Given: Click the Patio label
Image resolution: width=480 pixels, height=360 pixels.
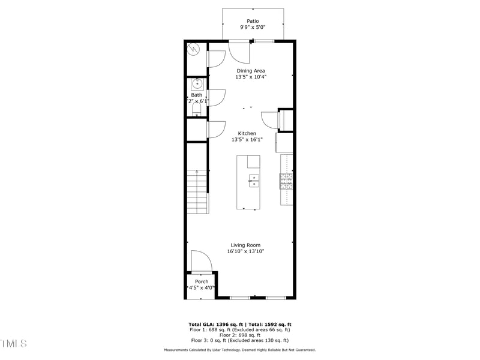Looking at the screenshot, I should pyautogui.click(x=253, y=21).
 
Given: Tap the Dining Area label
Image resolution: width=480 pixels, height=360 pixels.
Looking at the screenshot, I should pyautogui.click(x=250, y=71).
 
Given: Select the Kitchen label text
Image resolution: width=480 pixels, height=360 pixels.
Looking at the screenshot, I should pyautogui.click(x=247, y=133).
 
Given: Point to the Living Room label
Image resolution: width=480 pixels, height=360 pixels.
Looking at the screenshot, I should pyautogui.click(x=246, y=245).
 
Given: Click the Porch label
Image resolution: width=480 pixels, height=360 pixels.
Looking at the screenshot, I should pyautogui.click(x=202, y=281).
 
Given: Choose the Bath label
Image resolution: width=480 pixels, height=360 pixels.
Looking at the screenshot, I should pyautogui.click(x=197, y=95).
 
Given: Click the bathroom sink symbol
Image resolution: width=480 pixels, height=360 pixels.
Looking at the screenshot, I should pyautogui.click(x=197, y=85).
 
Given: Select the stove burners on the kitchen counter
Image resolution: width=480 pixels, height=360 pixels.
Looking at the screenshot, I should pyautogui.click(x=286, y=181).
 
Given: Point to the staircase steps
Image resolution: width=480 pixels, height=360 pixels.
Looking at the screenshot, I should pyautogui.click(x=197, y=192).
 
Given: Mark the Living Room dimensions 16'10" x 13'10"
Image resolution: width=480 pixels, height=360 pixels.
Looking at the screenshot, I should pyautogui.click(x=246, y=251).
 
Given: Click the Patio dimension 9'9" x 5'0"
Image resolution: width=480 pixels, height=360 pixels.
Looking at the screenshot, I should pyautogui.click(x=253, y=28).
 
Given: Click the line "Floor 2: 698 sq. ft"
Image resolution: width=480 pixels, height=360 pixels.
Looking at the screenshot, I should pyautogui.click(x=239, y=335).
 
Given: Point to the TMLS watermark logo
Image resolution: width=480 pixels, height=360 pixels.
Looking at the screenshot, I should pyautogui.click(x=14, y=344).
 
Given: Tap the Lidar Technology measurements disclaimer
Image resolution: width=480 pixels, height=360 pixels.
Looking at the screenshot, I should pyautogui.click(x=240, y=350).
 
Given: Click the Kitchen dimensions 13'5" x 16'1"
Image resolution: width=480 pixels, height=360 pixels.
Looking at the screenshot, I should pyautogui.click(x=247, y=140).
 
